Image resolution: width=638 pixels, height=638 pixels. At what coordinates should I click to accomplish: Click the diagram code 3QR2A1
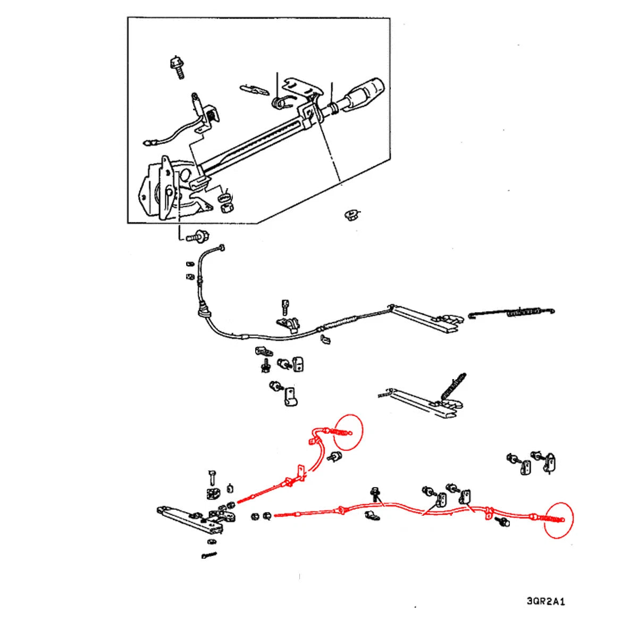pos(545,601)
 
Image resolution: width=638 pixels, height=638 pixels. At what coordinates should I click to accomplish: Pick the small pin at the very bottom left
pos(208,556)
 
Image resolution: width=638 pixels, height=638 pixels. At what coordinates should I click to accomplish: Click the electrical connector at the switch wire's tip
pos(149,142)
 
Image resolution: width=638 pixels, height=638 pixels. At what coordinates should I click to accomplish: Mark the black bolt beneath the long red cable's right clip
pos(502,522)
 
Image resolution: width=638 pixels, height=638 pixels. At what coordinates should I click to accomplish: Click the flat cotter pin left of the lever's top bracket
pos(254,89)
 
